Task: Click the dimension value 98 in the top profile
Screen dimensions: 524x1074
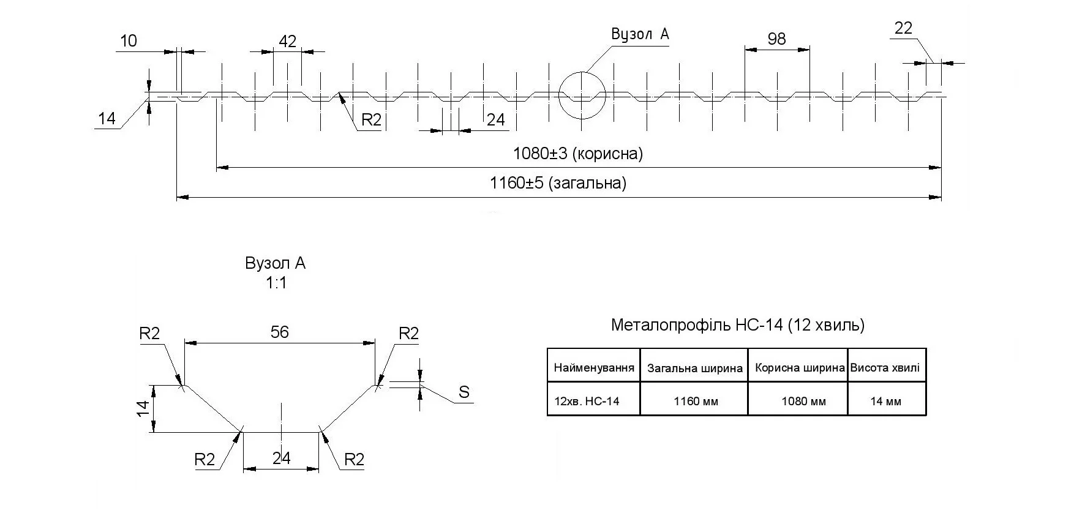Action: [776, 39]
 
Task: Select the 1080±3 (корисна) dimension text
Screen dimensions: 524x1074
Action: [578, 154]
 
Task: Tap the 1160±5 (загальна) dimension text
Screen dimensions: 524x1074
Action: [558, 183]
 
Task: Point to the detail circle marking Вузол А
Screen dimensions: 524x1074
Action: [582, 95]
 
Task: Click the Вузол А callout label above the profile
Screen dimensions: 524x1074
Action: [640, 34]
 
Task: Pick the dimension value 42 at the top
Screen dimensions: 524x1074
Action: [287, 41]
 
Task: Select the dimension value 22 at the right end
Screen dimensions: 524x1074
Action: [903, 28]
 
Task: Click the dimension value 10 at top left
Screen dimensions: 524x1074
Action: [129, 41]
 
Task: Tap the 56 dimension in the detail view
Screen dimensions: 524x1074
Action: [279, 332]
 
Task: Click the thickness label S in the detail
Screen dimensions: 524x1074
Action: [464, 392]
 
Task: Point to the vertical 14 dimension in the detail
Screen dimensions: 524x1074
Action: [142, 409]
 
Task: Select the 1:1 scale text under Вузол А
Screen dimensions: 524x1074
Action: [276, 283]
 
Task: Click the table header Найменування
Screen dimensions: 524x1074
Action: [593, 368]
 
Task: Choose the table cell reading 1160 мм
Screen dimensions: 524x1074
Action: [696, 402]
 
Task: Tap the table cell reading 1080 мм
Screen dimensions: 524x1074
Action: [803, 402]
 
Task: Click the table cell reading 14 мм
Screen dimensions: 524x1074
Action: [885, 402]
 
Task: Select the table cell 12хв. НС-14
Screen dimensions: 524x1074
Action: [587, 402]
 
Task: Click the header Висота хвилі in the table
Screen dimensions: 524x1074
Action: [885, 368]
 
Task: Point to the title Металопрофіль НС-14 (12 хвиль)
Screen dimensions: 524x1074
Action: [737, 325]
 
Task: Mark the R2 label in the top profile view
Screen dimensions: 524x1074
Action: [371, 120]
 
